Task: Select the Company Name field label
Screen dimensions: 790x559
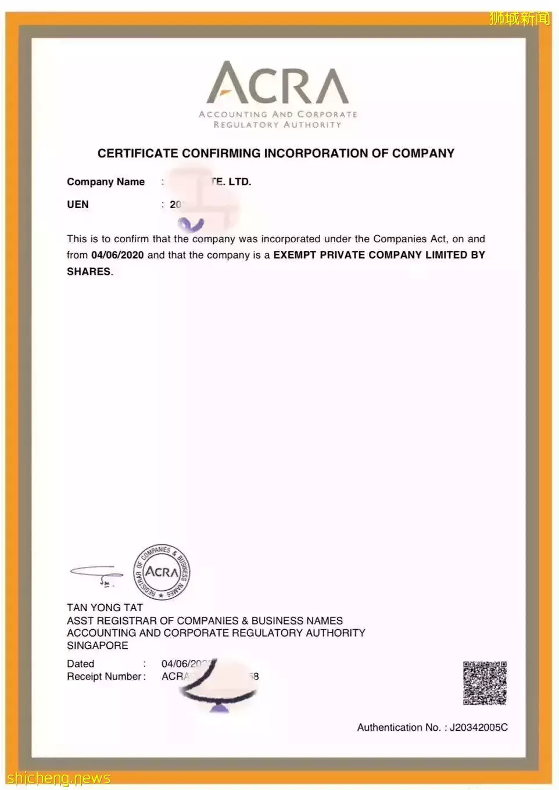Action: click(x=106, y=182)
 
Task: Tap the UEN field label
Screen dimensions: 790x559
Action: click(x=78, y=204)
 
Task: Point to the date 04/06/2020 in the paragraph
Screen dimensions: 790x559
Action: click(x=117, y=255)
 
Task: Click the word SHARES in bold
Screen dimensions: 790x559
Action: click(x=88, y=271)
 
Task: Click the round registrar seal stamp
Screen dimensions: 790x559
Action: click(x=162, y=572)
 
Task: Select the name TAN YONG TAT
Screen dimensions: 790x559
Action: click(x=105, y=608)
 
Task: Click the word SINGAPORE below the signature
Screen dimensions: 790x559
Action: click(x=98, y=645)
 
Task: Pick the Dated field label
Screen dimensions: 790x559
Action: click(x=80, y=663)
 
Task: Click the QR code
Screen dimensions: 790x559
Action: click(x=485, y=683)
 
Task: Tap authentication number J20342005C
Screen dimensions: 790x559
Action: click(x=478, y=727)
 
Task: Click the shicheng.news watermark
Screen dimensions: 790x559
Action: click(x=59, y=778)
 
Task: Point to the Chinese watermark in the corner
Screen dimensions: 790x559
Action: click(x=519, y=19)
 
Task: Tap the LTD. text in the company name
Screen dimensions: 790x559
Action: click(x=239, y=182)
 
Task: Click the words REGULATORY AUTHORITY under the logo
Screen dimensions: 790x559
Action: click(x=277, y=124)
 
